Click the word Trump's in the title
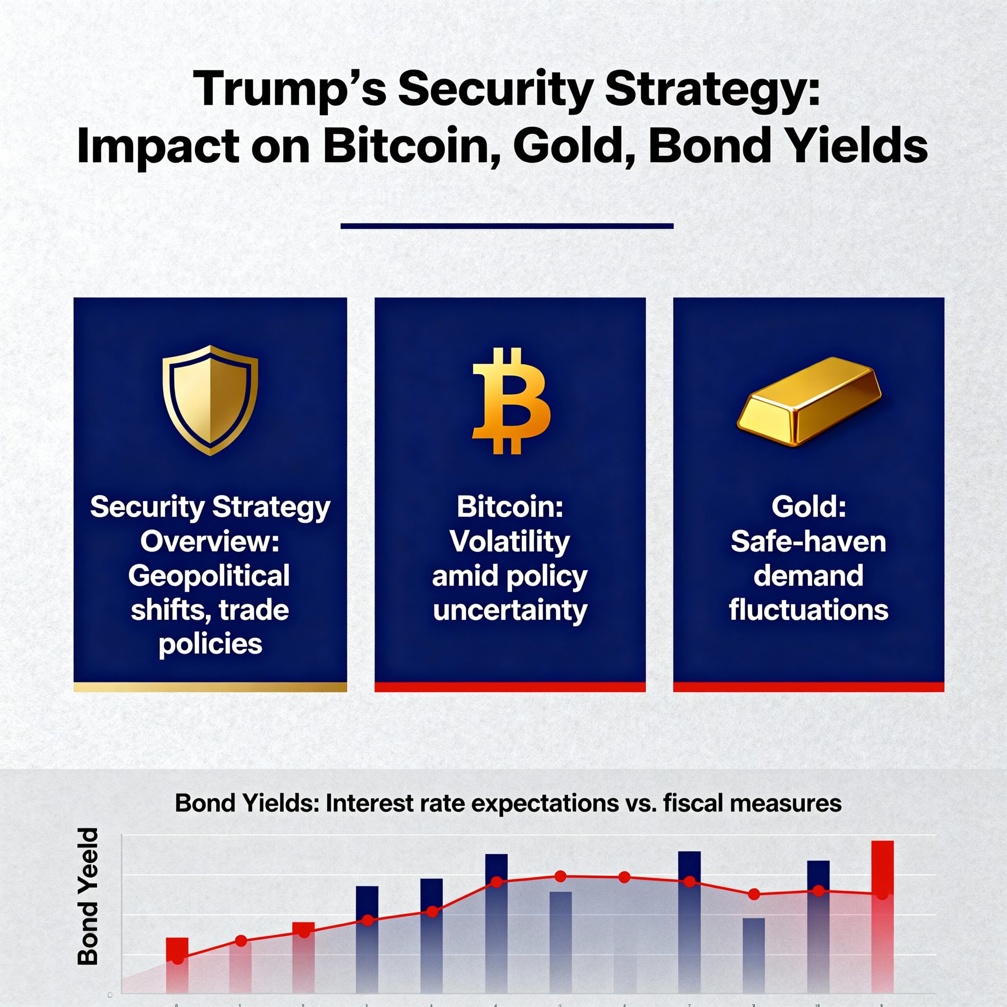click(289, 89)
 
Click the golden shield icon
click(210, 400)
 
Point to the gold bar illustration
click(808, 401)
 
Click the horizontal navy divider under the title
click(507, 226)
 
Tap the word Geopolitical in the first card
click(209, 576)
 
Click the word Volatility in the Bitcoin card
click(510, 542)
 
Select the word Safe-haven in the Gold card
click(808, 542)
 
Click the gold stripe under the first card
click(210, 687)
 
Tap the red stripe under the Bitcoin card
click(510, 687)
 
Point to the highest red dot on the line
click(560, 876)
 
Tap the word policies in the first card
click(210, 644)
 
